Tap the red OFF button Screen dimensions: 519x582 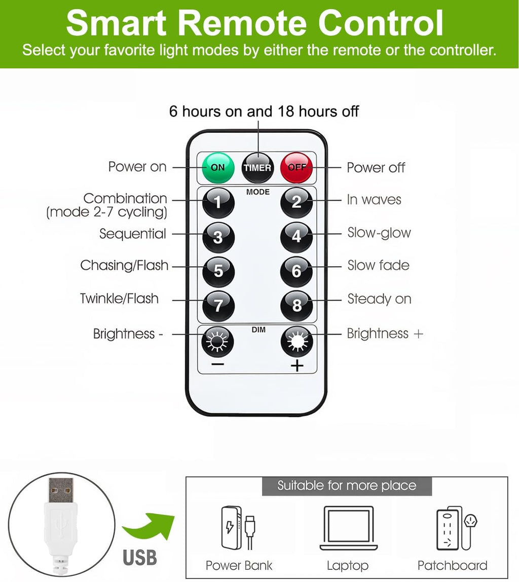(296, 167)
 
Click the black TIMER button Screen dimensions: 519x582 (257, 168)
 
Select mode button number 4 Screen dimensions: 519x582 (296, 236)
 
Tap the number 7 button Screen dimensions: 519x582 (218, 305)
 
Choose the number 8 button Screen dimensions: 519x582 (296, 305)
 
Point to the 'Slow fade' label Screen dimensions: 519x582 (378, 265)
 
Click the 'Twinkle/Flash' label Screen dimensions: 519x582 (119, 299)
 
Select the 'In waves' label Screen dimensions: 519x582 (374, 200)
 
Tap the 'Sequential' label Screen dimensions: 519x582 (132, 234)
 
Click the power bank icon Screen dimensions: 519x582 (238, 527)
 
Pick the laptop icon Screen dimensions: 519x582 (348, 528)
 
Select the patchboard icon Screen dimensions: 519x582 (456, 527)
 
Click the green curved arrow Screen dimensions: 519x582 (149, 526)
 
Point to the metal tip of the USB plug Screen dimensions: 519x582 (61, 490)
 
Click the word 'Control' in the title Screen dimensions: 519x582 (381, 23)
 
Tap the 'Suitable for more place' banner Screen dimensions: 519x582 (347, 486)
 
